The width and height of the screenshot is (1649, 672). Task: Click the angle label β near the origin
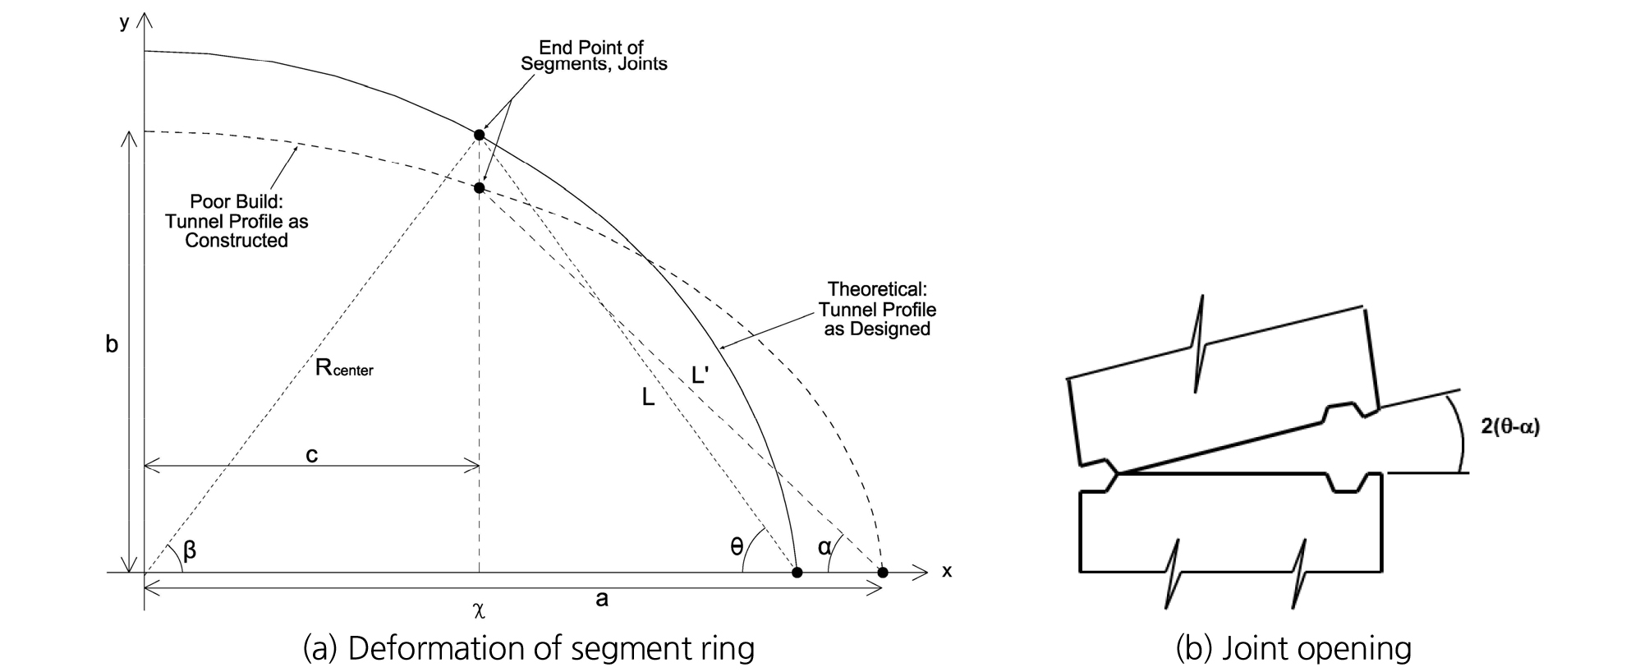coord(190,550)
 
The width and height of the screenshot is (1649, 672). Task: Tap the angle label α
coord(824,546)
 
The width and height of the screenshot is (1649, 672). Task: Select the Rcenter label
coord(344,368)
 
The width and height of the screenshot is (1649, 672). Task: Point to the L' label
coord(702,375)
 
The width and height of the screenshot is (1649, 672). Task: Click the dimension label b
coord(112,345)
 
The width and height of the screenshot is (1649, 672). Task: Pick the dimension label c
coord(311,454)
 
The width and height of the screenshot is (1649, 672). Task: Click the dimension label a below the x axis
coord(602,599)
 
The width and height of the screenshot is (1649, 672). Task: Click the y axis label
coord(125,22)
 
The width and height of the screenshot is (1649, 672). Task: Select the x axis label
coord(947,571)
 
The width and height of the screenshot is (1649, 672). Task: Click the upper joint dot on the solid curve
coord(480,134)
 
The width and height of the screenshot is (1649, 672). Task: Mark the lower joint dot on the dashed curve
coord(480,188)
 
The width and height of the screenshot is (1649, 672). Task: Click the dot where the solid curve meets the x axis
coord(797,572)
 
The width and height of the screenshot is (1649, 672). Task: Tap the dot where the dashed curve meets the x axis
coord(883,572)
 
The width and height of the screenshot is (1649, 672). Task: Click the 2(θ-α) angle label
coord(1510,427)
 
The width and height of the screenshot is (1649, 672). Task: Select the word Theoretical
coord(877,289)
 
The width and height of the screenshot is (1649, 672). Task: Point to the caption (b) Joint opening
coord(1293,649)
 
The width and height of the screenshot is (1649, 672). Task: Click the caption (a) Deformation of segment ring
coord(528,649)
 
